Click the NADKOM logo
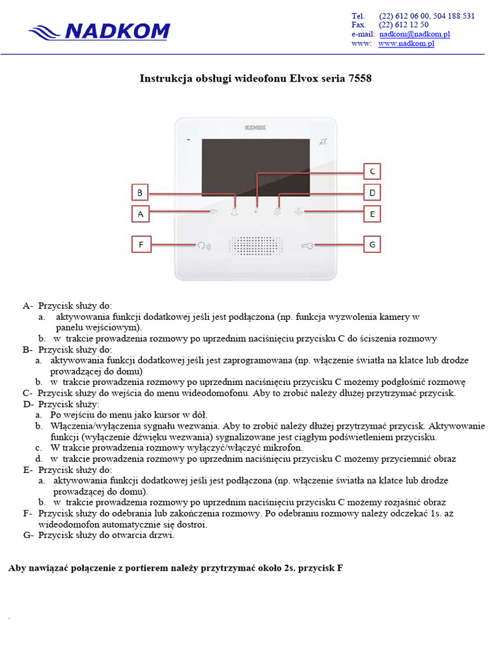coord(100,31)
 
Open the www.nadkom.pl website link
coord(406,44)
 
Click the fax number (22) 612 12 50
coord(404,25)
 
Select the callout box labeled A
coord(140,214)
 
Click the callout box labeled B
coord(140,193)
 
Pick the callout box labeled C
coord(372,171)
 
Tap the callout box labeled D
coord(372,193)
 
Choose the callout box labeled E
coord(372,214)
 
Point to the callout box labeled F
coord(140,245)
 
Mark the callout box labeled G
coord(372,245)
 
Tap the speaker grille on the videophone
coord(255,246)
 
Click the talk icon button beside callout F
coord(204,246)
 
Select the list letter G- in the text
coord(28,535)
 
